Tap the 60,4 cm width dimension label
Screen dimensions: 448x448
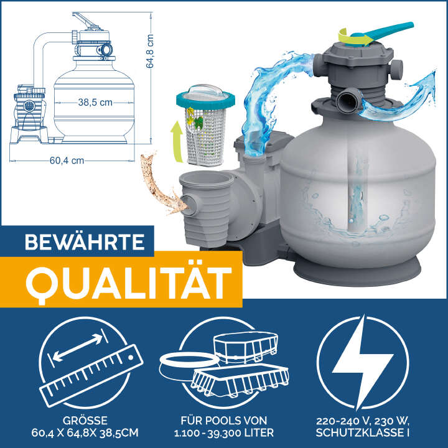pos(67,161)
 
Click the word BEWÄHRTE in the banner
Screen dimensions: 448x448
pos(78,242)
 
